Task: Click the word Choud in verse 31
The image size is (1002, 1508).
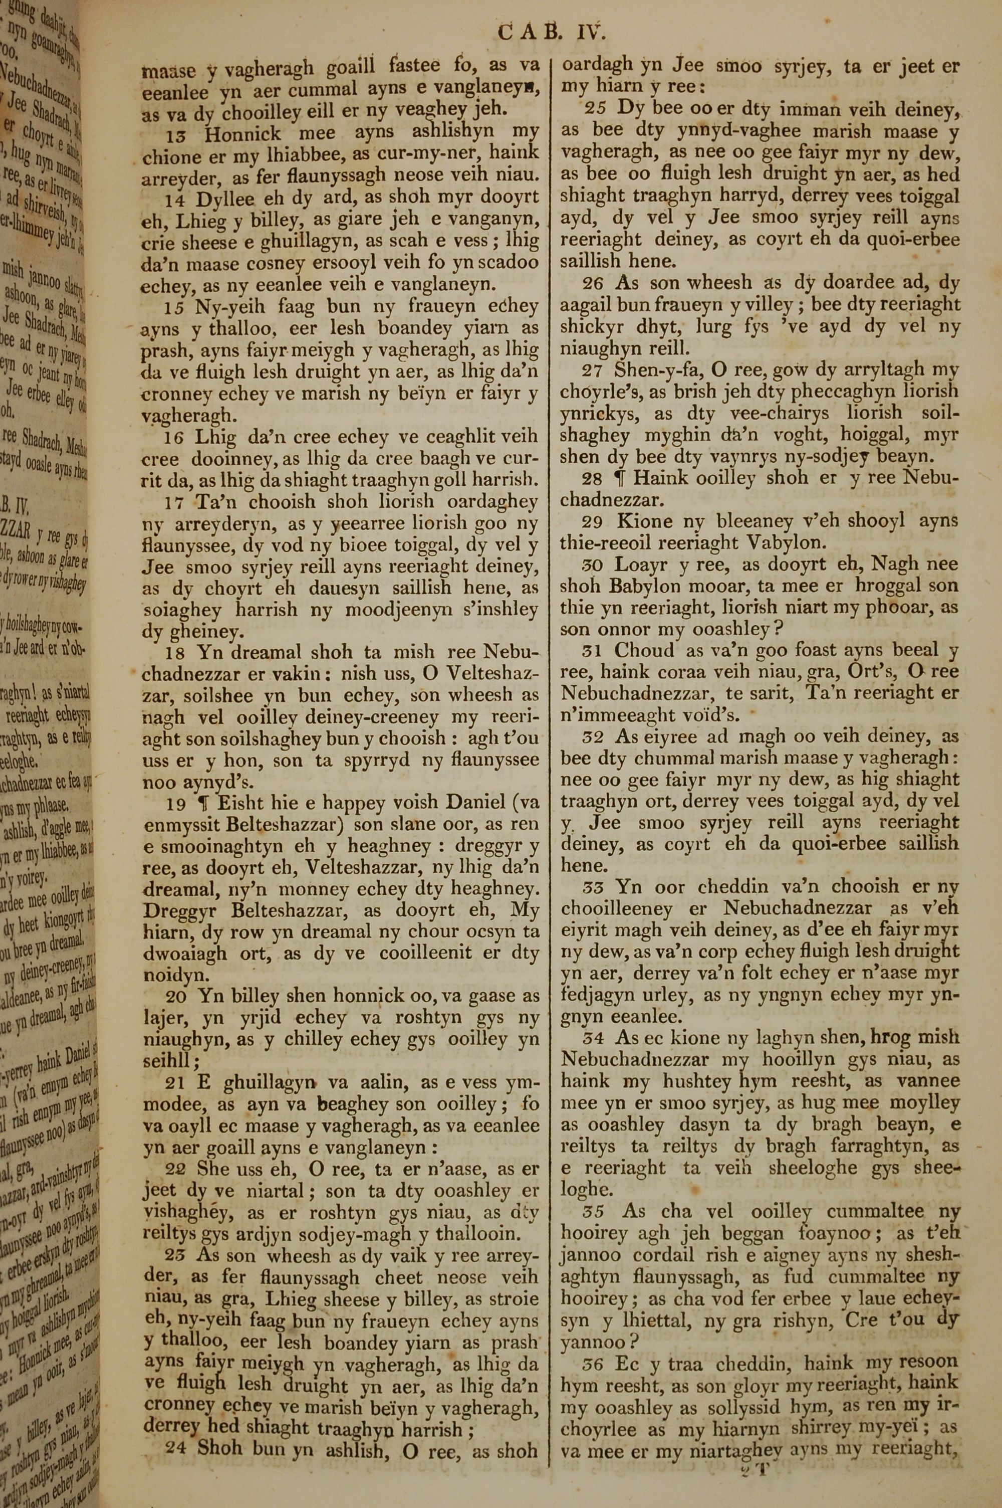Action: (x=644, y=651)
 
